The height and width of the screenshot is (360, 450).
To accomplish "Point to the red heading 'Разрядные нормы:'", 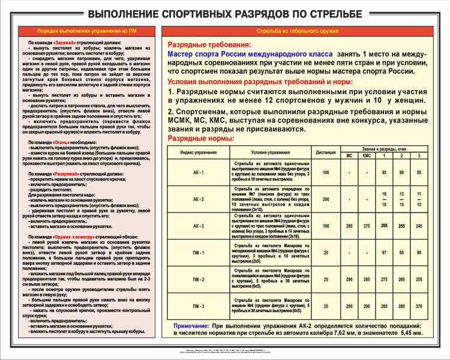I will click(200, 139).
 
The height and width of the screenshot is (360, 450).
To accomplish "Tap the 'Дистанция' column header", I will click(326, 152).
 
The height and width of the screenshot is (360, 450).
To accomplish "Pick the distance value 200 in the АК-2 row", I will click(326, 199).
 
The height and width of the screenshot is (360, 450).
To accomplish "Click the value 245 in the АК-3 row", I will click(419, 226).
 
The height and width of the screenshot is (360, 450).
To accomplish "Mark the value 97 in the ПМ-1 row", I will click(384, 253).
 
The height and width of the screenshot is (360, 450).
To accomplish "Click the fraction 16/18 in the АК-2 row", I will click(384, 199).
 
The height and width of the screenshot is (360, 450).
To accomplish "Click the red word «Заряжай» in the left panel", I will click(64, 44).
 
